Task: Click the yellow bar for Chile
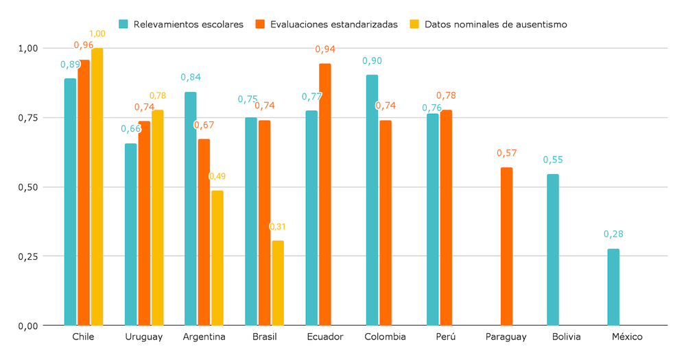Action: click(x=97, y=187)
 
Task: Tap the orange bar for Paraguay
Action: click(x=506, y=246)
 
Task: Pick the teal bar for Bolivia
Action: click(x=553, y=250)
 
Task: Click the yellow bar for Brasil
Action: click(x=278, y=283)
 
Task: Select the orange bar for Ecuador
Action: click(x=325, y=195)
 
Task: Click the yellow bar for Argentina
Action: click(x=217, y=258)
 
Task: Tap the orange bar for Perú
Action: click(x=446, y=217)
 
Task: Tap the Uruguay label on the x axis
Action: click(x=144, y=337)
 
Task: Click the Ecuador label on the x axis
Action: click(x=324, y=337)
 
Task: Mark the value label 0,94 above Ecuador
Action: click(x=325, y=49)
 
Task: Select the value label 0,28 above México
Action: click(x=613, y=234)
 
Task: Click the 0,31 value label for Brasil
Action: click(x=277, y=227)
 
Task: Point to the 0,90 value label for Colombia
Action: click(x=372, y=60)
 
